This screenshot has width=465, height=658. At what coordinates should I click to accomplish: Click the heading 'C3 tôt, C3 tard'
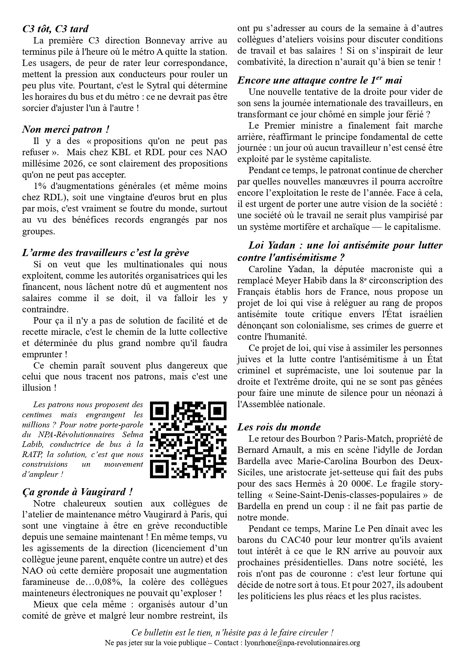(55, 29)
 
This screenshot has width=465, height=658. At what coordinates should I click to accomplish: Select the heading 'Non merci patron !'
(66, 129)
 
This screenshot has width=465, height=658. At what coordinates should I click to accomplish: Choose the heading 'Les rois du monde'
(279, 427)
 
